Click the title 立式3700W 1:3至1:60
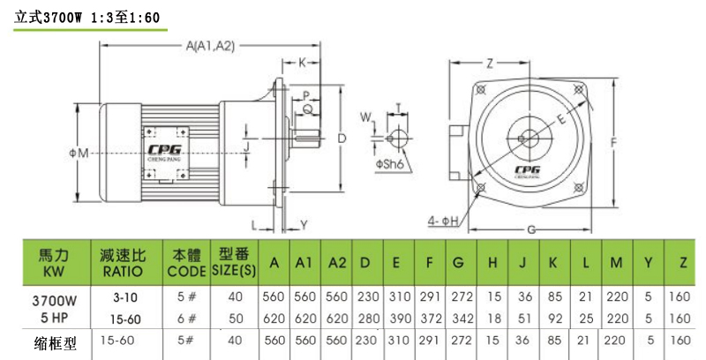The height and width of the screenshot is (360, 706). click(86, 17)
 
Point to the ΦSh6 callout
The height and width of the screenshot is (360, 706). click(389, 164)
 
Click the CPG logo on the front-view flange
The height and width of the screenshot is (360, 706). click(526, 164)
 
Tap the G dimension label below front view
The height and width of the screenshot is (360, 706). click(530, 230)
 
